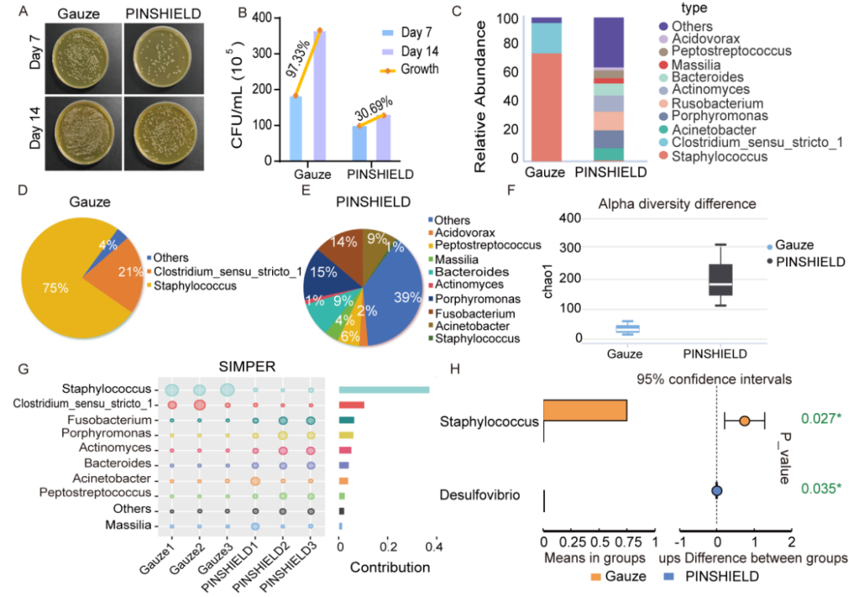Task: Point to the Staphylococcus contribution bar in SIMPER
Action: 384,390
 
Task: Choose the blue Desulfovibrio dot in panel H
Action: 716,491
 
